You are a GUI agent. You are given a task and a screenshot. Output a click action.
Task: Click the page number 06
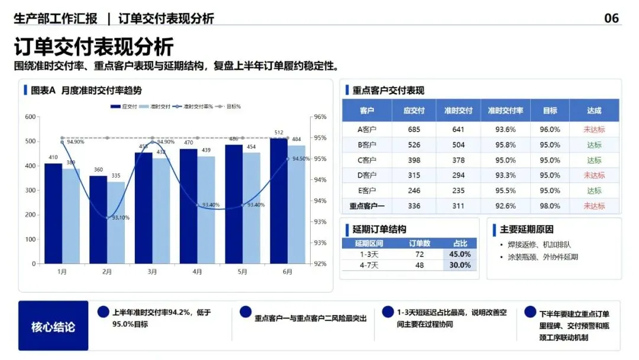[x=611, y=18]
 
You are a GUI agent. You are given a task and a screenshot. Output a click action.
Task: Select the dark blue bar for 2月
[x=98, y=220]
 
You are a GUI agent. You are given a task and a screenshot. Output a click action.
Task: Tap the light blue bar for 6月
[x=296, y=205]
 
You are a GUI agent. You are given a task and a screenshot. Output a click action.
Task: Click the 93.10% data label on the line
[x=121, y=218]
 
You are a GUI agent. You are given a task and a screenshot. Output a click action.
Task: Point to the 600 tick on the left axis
[x=30, y=117]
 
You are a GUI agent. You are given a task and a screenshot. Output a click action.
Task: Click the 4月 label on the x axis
[x=197, y=272]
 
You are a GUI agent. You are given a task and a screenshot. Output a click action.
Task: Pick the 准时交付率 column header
[x=505, y=111]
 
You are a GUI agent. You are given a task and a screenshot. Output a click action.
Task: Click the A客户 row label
[x=367, y=130]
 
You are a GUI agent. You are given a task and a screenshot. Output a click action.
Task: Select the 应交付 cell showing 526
[x=414, y=144]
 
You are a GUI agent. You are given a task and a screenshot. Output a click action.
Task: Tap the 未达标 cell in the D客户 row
[x=594, y=175]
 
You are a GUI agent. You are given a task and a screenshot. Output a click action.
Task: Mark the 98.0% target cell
[x=550, y=206]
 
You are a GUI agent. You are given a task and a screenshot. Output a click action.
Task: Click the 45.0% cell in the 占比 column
[x=460, y=254]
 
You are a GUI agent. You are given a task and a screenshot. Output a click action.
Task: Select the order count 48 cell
[x=419, y=265]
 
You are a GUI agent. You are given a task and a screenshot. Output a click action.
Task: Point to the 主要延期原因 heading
[x=527, y=230]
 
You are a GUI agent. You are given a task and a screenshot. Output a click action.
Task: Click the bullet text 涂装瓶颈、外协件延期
[x=543, y=257]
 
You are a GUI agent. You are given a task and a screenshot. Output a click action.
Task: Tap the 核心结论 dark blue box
[x=53, y=326]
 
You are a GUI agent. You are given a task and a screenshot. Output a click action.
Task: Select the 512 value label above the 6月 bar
[x=279, y=133]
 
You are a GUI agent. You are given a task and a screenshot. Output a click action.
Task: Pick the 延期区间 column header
[x=369, y=243]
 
